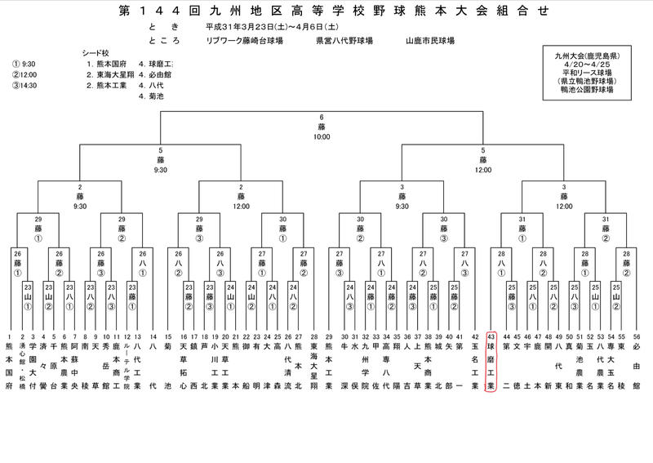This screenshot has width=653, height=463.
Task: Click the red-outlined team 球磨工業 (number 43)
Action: tap(491, 362)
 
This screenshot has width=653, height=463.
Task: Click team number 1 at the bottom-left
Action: tap(10, 361)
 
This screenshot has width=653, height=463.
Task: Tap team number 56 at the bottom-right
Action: tap(636, 361)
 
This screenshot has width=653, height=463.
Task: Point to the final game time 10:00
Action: tap(322, 136)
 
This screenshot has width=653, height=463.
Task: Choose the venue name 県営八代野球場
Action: tap(344, 40)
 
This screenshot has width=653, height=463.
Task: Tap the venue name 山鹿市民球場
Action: tap(429, 40)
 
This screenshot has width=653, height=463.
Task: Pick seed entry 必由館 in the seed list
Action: tap(156, 73)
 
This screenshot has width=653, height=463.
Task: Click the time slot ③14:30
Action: tap(24, 83)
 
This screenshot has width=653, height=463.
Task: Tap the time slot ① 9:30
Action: tap(24, 63)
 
